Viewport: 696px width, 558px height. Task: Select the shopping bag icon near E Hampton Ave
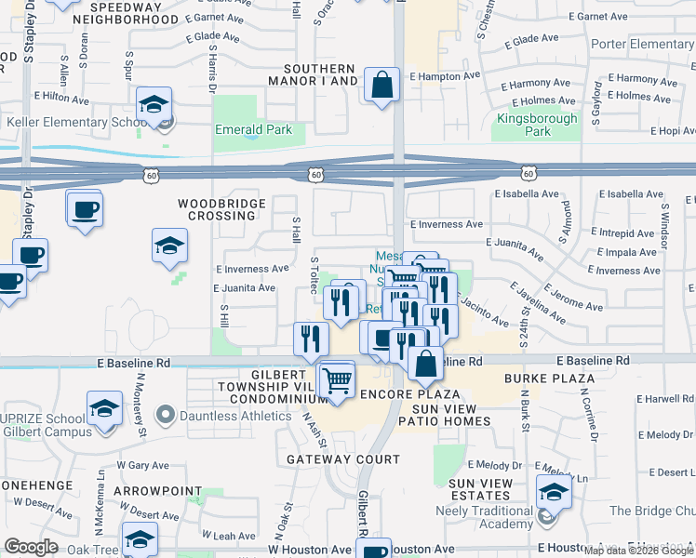tap(381, 86)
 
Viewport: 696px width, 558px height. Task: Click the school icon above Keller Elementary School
tap(154, 104)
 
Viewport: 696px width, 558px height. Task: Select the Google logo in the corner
tap(31, 547)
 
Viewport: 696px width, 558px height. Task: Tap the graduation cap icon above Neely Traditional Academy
tap(554, 492)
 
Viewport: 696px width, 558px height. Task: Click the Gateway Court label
tap(343, 459)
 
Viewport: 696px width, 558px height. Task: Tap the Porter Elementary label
tap(642, 45)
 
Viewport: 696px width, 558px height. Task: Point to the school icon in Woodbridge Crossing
tap(169, 246)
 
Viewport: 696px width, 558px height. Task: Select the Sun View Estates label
tap(480, 489)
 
